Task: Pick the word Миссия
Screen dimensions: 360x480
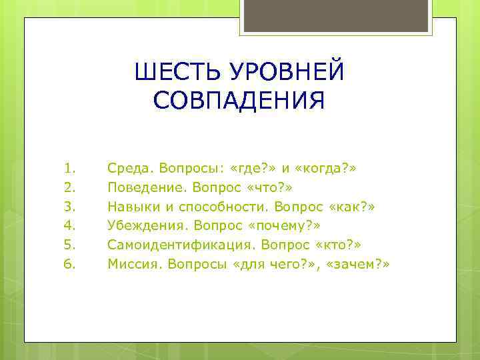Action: pos(131,265)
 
